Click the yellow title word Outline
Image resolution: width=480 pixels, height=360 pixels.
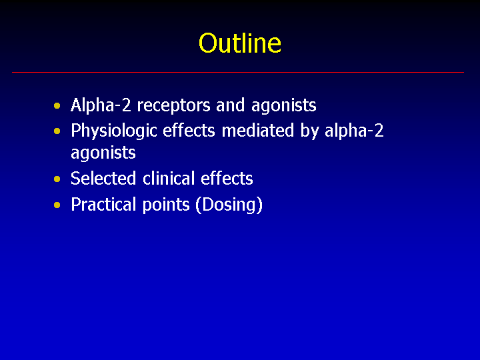(x=240, y=43)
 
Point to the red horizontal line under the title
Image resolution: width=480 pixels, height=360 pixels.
(x=238, y=72)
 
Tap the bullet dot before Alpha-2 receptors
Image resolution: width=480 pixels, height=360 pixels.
(x=57, y=106)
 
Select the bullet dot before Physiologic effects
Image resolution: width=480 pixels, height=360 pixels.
(x=57, y=131)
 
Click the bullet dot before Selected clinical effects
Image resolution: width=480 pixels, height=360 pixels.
(x=57, y=179)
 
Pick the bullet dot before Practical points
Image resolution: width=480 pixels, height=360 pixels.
(x=57, y=205)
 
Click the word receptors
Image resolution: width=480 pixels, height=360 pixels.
(x=173, y=106)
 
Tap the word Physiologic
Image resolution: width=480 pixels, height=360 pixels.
(x=113, y=132)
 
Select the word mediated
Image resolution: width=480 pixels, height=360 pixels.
(x=258, y=131)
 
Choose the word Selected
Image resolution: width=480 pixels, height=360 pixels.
(x=103, y=178)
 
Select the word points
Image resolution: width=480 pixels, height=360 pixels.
(x=166, y=205)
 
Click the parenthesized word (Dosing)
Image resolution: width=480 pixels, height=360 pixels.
(x=229, y=205)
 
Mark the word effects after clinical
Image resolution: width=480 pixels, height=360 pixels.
(x=227, y=178)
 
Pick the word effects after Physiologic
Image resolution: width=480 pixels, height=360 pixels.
(x=189, y=131)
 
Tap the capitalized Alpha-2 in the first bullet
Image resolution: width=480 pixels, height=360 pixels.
(x=101, y=106)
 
